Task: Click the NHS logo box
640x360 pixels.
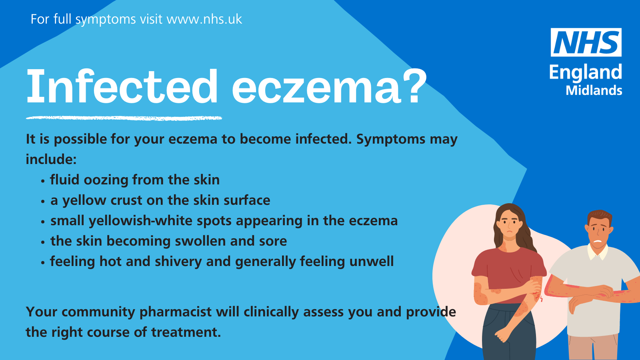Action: click(x=586, y=42)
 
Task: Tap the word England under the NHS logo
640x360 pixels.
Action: click(x=586, y=73)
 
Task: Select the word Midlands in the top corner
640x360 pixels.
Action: click(x=594, y=90)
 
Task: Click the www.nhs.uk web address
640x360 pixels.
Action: click(x=204, y=19)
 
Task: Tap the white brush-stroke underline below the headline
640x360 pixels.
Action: click(x=124, y=118)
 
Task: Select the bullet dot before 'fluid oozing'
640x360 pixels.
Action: click(x=43, y=181)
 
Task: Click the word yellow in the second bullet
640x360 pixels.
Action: click(x=84, y=200)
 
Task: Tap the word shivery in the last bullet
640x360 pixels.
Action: click(x=178, y=262)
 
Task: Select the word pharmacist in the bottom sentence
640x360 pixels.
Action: click(x=176, y=312)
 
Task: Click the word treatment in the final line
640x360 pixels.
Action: click(x=186, y=332)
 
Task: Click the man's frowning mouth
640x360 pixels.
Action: click(x=598, y=241)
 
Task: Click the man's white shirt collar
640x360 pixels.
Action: click(x=597, y=252)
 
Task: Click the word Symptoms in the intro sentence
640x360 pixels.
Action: click(x=391, y=140)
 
